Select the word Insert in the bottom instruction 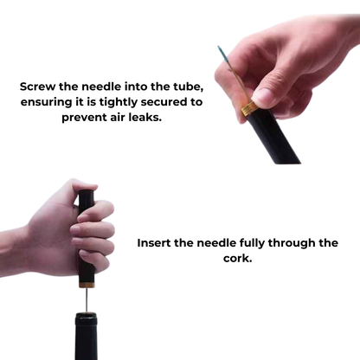(157, 243)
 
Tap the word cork (237, 259)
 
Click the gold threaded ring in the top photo (247, 108)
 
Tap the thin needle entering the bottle (87, 299)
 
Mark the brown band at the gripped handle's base (87, 281)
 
